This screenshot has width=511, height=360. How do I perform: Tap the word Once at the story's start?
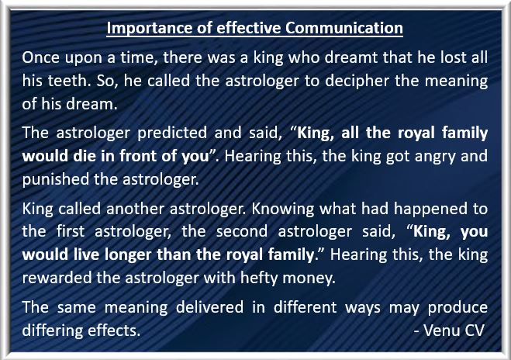point(41,57)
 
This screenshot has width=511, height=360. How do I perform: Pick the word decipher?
point(357,81)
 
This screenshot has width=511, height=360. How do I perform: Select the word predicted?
point(172,133)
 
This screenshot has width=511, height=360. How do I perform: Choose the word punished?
point(55,179)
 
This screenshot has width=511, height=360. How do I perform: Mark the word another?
point(135,209)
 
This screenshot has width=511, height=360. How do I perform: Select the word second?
point(241,231)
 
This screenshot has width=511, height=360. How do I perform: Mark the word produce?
point(457,308)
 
